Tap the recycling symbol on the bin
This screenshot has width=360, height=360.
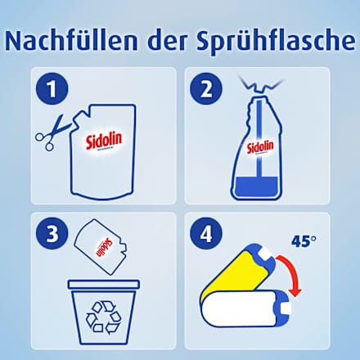pos(103,317)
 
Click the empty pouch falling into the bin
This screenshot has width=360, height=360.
pos(99,245)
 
